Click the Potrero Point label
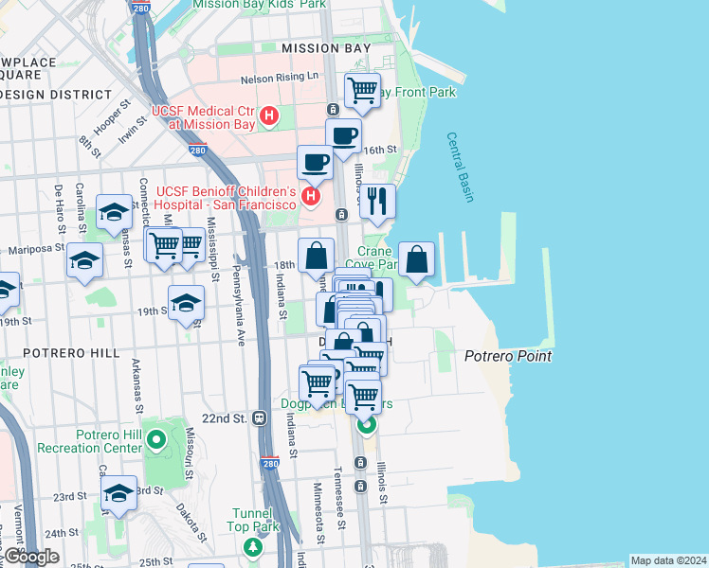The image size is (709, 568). click(507, 357)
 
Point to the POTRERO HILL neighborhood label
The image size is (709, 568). click(61, 352)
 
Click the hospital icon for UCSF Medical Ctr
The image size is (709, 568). click(269, 115)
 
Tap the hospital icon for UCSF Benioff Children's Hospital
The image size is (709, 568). click(310, 196)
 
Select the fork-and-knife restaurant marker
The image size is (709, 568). click(377, 200)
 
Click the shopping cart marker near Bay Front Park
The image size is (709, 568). click(362, 91)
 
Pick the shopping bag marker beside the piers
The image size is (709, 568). click(416, 258)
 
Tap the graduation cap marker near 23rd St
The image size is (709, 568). click(118, 493)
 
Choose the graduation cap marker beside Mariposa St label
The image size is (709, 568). click(84, 259)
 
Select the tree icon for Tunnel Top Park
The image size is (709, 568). click(252, 546)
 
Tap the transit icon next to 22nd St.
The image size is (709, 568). click(259, 418)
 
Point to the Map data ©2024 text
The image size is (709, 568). click(668, 560)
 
